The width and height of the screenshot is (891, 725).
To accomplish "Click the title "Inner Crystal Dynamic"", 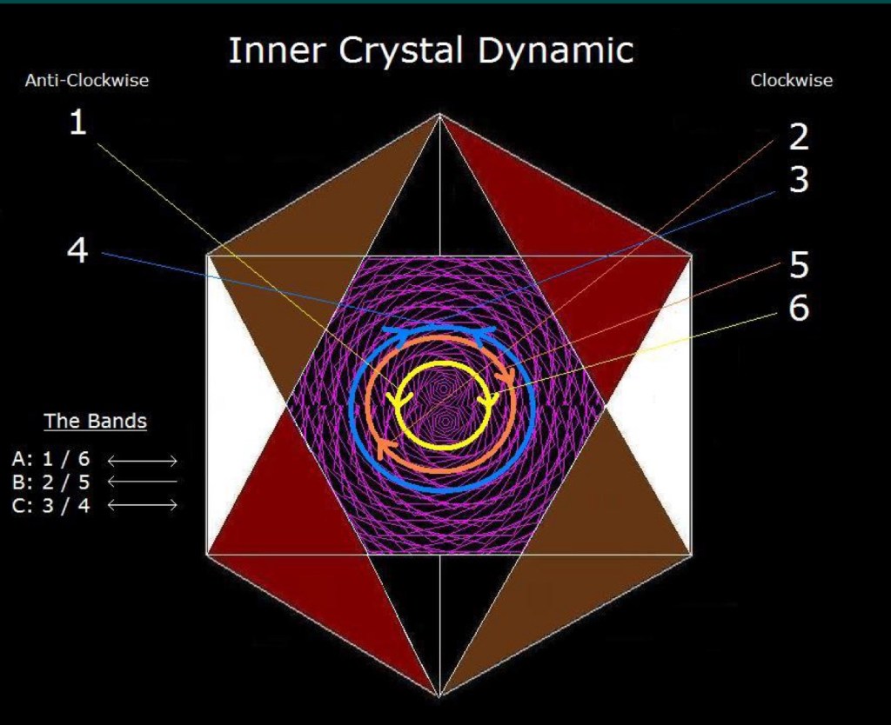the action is click(431, 50).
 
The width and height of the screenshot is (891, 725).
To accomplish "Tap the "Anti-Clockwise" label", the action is click(87, 80).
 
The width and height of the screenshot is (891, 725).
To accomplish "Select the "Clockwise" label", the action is click(792, 80).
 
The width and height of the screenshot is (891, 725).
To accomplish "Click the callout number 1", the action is click(77, 122).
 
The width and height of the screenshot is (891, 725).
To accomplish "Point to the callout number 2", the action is click(799, 136).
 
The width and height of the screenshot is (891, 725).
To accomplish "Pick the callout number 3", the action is click(799, 179).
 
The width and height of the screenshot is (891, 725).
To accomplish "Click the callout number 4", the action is click(77, 250).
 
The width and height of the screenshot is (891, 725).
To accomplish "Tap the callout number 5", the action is click(799, 264).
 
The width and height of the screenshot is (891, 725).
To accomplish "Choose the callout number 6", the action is click(799, 308).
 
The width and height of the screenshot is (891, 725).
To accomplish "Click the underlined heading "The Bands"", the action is click(96, 421).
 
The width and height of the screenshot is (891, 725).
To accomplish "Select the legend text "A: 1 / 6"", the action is click(50, 458).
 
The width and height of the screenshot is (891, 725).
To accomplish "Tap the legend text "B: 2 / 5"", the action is click(50, 482).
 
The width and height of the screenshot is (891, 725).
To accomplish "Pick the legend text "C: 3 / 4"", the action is click(50, 505).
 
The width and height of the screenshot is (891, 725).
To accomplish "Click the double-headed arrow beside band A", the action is click(142, 461).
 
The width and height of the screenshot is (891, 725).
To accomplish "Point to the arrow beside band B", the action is click(142, 482).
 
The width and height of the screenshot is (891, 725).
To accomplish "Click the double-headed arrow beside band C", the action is click(142, 505).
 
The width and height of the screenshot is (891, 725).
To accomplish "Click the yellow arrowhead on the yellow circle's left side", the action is click(395, 398).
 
